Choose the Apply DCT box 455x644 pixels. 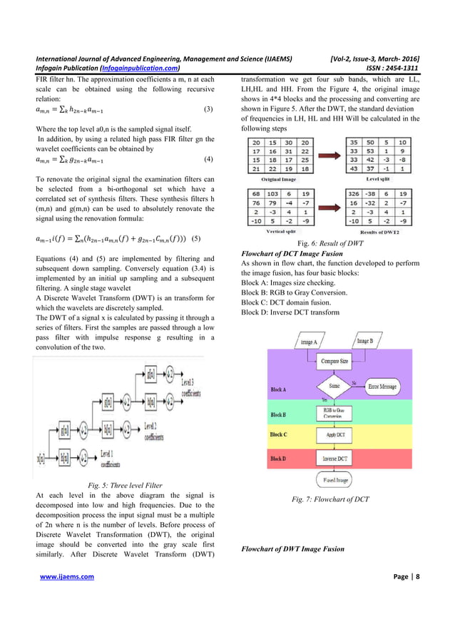click(334, 434)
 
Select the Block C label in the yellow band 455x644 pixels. click(279, 434)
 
